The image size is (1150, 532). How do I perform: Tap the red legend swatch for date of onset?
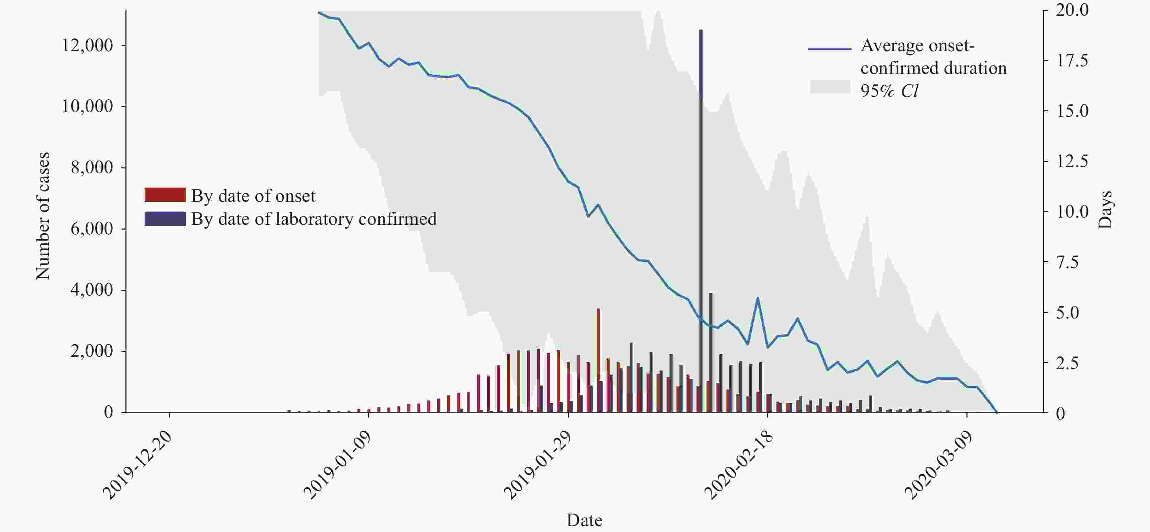coord(165,195)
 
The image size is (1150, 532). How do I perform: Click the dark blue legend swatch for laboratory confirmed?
coord(165,219)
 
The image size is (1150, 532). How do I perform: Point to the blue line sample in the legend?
coord(829,48)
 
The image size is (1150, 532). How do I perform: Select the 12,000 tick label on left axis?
coord(87,45)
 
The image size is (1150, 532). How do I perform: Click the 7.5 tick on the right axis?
coord(1067,262)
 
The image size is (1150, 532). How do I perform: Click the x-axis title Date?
coord(584,520)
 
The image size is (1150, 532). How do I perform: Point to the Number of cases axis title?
coord(43,216)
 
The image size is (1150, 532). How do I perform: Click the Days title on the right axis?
coord(1105,210)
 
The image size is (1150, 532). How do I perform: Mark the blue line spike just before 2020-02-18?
coord(758,298)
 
